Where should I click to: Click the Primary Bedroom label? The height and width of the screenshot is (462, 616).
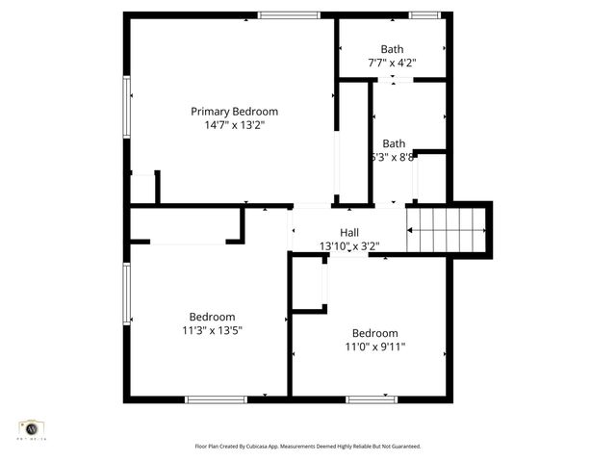234,112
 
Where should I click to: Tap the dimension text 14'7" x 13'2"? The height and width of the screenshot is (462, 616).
234,125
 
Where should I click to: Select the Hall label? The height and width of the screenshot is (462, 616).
349,232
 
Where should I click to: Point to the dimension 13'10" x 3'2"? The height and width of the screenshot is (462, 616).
349,246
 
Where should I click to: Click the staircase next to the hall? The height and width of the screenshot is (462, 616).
447,231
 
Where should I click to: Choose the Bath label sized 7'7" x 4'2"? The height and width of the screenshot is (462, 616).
392,49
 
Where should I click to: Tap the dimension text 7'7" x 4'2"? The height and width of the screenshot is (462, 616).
392,63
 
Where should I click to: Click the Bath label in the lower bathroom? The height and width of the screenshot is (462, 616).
394,143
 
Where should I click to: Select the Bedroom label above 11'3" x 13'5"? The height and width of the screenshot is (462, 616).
212,317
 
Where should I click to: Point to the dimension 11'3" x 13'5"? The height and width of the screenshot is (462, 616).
212,330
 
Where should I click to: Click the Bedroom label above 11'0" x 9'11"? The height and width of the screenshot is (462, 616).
374,333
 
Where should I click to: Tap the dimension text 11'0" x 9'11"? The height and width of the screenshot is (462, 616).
374,346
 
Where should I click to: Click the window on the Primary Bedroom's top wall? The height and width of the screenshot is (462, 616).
289,14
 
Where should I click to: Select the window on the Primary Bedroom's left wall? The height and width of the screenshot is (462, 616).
126,107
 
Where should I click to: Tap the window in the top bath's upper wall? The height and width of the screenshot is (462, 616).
424,14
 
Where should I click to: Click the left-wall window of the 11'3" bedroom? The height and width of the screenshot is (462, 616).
126,294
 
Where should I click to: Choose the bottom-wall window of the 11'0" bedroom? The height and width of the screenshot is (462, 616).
372,398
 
